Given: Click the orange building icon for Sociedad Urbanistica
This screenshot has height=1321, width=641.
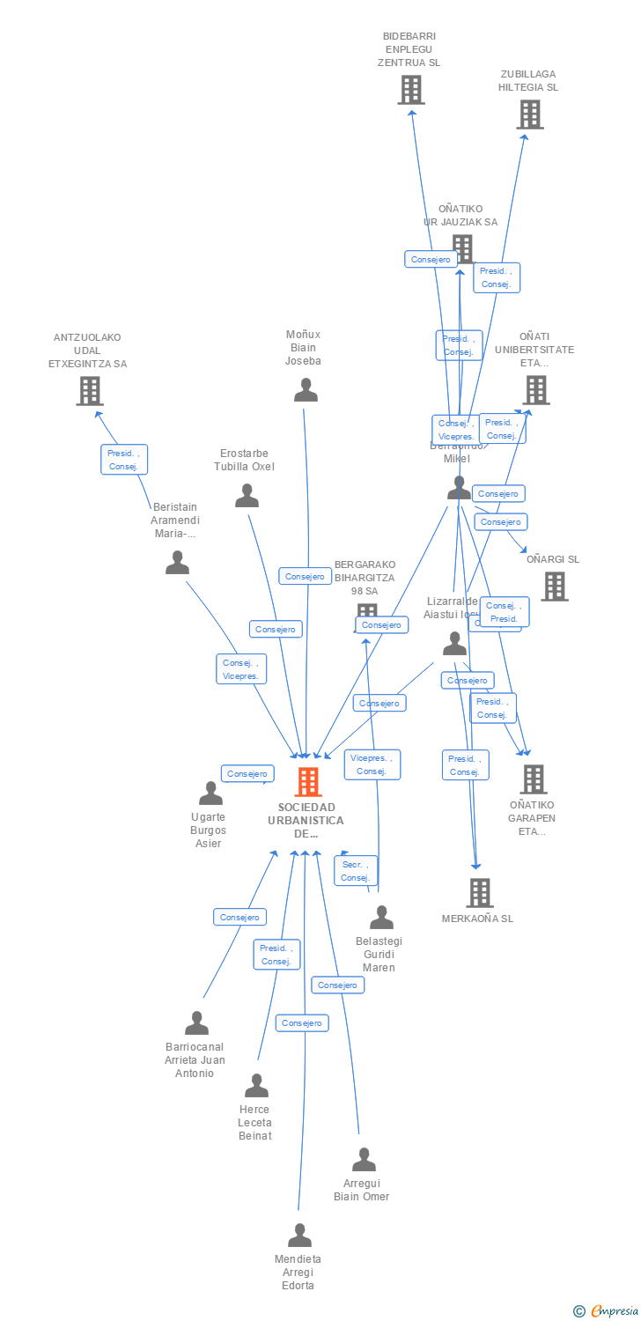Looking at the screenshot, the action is tap(307, 782).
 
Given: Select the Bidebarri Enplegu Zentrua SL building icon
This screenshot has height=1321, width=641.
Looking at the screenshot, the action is tap(410, 90).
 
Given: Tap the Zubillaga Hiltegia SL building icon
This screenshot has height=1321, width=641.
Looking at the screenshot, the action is tap(529, 114).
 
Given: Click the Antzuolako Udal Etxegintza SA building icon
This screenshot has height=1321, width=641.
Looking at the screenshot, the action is tap(89, 391).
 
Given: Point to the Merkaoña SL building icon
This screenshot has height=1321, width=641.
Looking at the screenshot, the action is tap(479, 893).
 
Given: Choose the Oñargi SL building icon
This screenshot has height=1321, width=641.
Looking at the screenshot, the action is tap(554, 587).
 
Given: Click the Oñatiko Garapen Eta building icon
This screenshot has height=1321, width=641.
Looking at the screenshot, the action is tap(533, 779).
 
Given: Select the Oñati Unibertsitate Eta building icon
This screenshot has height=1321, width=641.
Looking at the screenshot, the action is tap(535, 390).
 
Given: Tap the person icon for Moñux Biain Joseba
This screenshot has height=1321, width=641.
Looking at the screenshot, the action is tap(306, 389).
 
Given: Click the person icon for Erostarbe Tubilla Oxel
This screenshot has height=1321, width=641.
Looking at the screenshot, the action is tap(247, 496).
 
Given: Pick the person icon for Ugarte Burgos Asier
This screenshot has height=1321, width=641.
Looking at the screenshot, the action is tap(210, 793).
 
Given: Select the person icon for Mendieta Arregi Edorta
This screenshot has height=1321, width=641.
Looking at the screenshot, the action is tap(299, 1236).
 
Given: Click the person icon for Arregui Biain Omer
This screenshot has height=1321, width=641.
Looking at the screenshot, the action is tap(364, 1160).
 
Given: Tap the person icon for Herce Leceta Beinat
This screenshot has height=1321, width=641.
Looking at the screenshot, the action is tap(256, 1086).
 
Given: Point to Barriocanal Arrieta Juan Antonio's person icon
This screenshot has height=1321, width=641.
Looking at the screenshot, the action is tap(196, 1023).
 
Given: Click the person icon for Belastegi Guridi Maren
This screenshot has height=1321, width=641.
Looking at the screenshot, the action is tap(381, 918).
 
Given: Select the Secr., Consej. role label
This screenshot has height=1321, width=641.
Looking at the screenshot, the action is tap(356, 871).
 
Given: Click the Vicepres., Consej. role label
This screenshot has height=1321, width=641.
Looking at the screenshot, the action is tap(372, 764).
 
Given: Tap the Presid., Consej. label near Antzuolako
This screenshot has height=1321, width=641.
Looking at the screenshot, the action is tap(123, 460).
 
